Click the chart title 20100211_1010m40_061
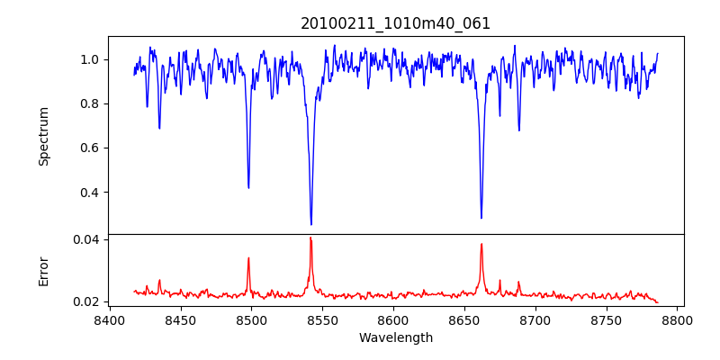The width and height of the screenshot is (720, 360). pyautogui.click(x=395, y=23)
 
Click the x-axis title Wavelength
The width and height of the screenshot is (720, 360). pyautogui.click(x=395, y=338)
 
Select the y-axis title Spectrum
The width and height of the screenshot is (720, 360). pyautogui.click(x=43, y=136)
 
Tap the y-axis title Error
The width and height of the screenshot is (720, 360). pyautogui.click(x=43, y=271)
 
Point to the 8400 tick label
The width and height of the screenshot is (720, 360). pyautogui.click(x=109, y=319)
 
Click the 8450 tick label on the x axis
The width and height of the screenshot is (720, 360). pyautogui.click(x=180, y=319)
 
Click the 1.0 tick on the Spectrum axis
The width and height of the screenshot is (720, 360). pyautogui.click(x=90, y=59)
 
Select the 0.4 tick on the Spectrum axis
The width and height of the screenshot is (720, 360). pyautogui.click(x=90, y=193)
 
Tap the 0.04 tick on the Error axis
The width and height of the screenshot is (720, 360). pyautogui.click(x=86, y=239)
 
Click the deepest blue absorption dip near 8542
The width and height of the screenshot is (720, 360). pyautogui.click(x=311, y=224)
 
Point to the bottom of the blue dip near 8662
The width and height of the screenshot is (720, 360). pyautogui.click(x=481, y=217)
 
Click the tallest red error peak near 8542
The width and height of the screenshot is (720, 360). pyautogui.click(x=310, y=238)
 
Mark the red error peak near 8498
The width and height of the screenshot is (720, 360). pyautogui.click(x=248, y=258)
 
